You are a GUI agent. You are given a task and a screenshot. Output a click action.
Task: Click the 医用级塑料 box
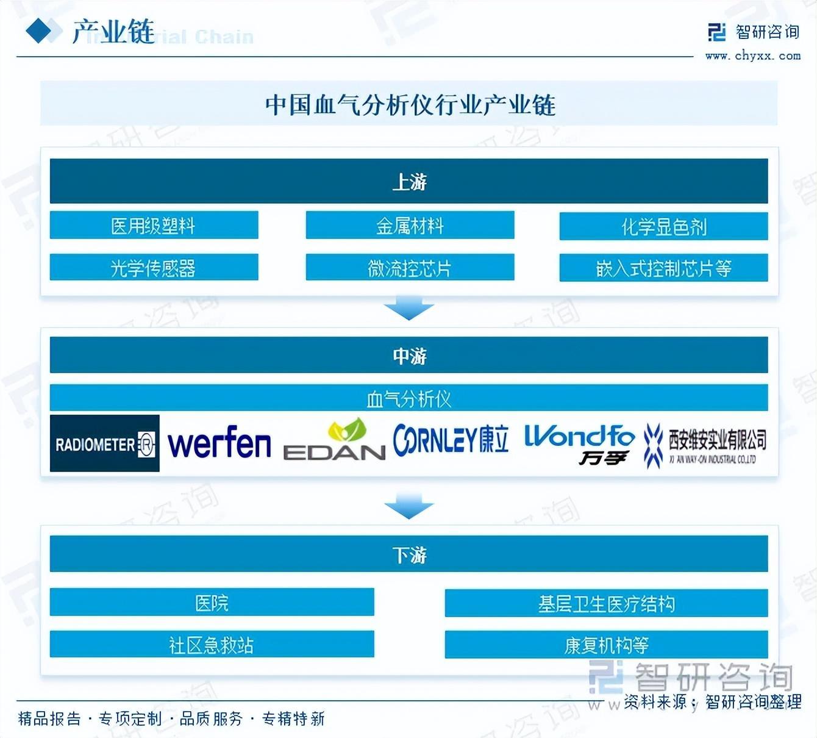pos(154,226)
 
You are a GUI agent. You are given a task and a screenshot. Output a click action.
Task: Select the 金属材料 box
pos(410,226)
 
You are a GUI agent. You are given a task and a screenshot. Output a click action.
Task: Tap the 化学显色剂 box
pos(663,226)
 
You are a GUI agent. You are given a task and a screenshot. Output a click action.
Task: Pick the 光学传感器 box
pos(154,268)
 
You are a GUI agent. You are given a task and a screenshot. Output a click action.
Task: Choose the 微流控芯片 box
pos(410,268)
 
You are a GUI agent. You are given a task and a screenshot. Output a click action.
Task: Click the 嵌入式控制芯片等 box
pos(663,268)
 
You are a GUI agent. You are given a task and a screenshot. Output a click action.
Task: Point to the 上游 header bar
pos(408,181)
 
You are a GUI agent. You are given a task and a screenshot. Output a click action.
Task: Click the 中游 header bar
pos(408,356)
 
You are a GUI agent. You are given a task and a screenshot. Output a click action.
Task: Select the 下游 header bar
pos(408,554)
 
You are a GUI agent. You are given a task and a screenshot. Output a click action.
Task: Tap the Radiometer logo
pos(105,443)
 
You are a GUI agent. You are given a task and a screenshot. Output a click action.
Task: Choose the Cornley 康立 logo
pos(451,440)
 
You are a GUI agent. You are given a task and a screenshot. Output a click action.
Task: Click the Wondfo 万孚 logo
pos(579,444)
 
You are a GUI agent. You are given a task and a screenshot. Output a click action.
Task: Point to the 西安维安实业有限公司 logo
pos(705,446)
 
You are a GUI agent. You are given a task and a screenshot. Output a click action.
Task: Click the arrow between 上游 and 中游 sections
pos(408,308)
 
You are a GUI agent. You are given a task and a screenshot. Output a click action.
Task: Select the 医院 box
pos(212,603)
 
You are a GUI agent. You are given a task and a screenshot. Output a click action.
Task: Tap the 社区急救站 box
pos(212,644)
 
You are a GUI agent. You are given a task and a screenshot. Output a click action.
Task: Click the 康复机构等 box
pos(606,645)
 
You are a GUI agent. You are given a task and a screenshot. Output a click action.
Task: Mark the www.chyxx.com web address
pos(752,56)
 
